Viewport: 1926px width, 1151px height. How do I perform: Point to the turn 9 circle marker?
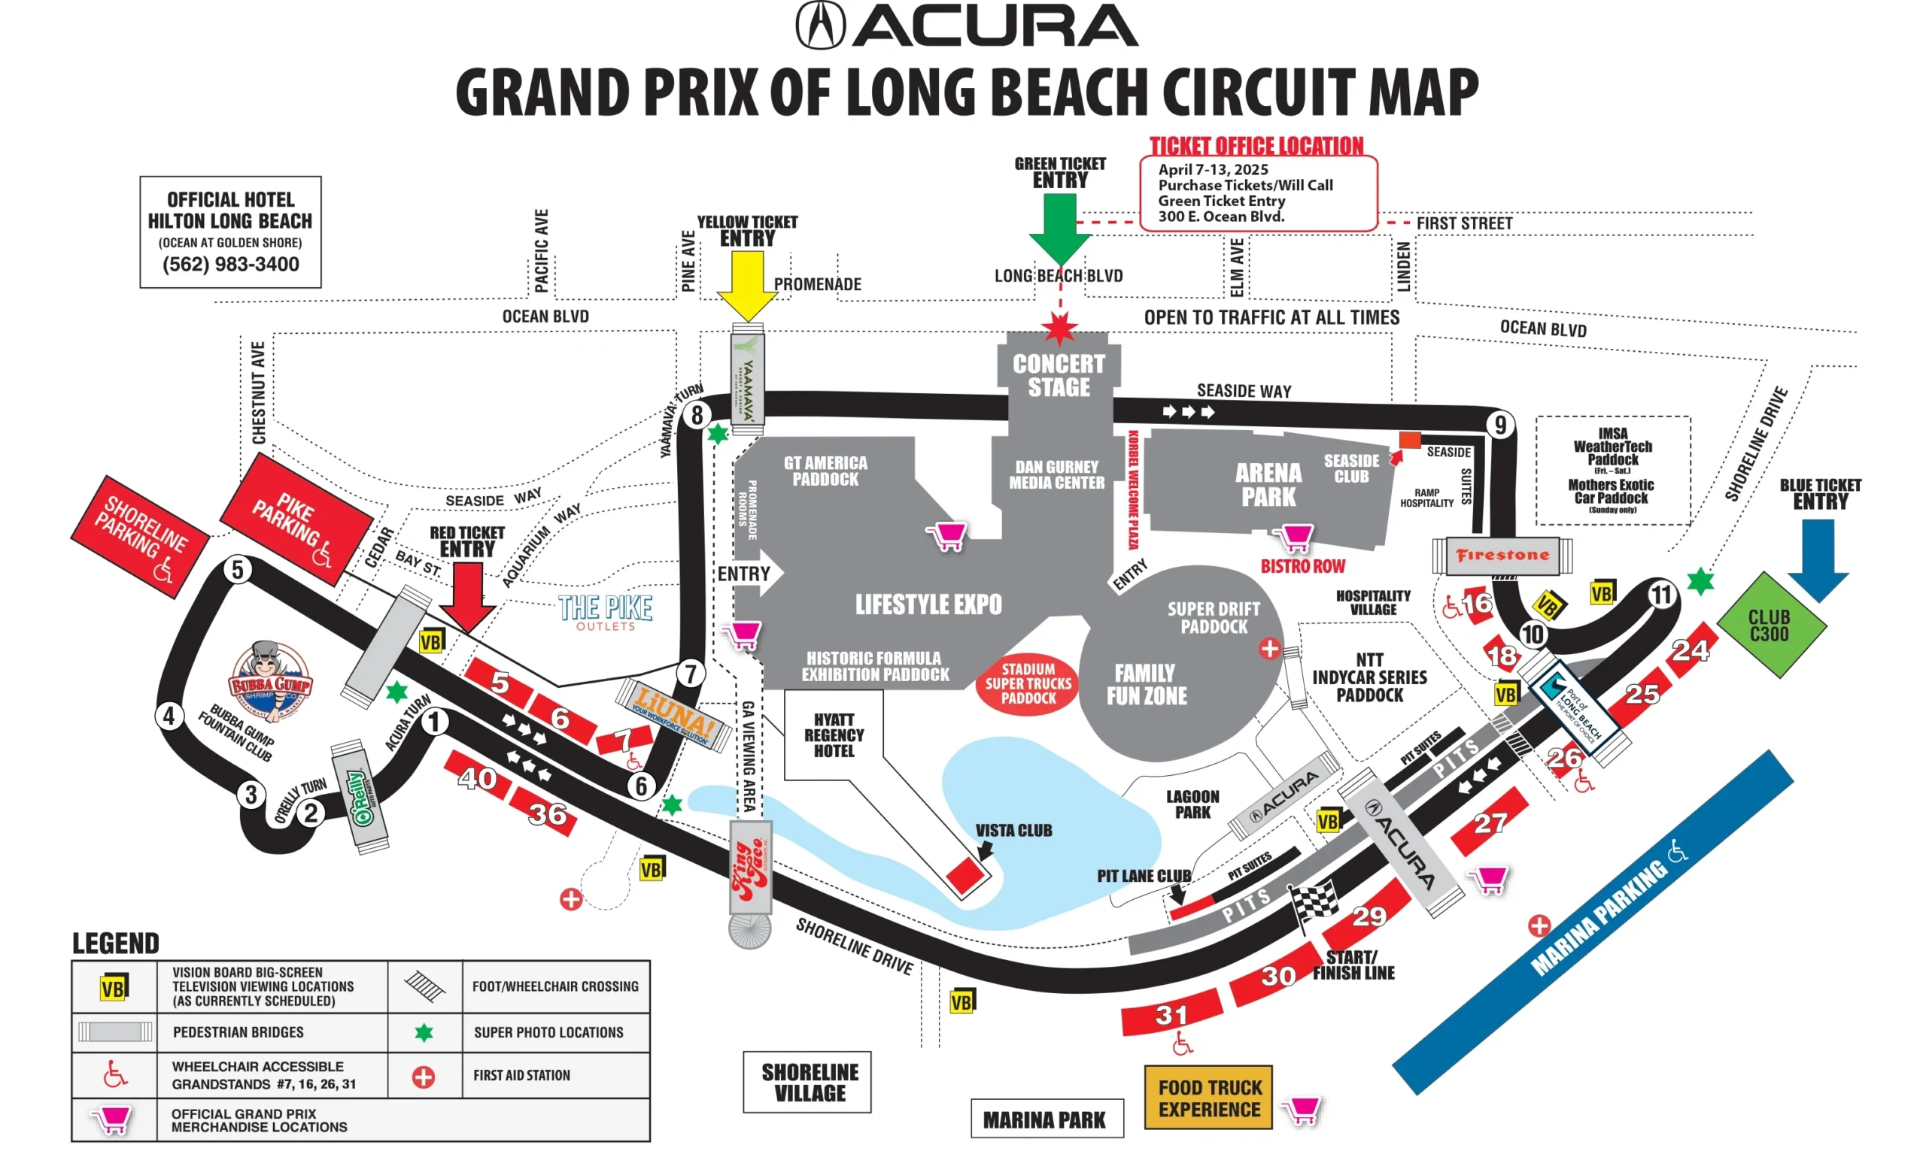tap(1500, 425)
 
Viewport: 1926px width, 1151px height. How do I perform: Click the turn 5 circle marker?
tap(238, 570)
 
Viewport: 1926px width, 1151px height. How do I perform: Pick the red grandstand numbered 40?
tap(477, 777)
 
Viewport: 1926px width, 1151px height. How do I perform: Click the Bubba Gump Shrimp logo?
tap(269, 681)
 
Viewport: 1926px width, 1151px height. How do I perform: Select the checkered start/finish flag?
tap(1314, 904)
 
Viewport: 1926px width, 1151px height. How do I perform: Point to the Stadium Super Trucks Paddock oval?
tap(1028, 683)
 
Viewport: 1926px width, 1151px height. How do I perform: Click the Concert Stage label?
tap(1059, 375)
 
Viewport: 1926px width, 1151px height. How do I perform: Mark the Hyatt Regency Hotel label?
tap(834, 735)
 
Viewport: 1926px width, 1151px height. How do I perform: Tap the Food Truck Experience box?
tap(1208, 1098)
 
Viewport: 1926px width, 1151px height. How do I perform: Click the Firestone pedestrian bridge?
tap(1502, 556)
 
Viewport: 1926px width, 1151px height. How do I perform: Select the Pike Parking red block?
tap(296, 519)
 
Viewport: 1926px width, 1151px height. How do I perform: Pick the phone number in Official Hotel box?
tap(230, 265)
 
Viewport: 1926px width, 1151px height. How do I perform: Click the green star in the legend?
tap(424, 1032)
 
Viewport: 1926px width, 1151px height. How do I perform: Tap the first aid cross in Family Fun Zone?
tap(1269, 648)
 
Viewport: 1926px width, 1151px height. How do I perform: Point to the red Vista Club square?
tap(965, 876)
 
